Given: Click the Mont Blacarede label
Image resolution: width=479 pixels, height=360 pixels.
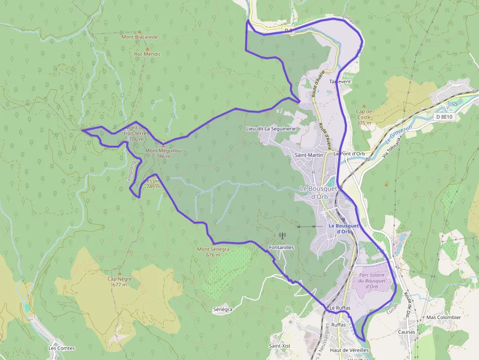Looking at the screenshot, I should tap(140, 37).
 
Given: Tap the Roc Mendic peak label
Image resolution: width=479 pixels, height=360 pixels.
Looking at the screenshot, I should tap(147, 54).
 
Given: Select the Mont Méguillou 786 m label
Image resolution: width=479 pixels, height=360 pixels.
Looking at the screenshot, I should tap(163, 153).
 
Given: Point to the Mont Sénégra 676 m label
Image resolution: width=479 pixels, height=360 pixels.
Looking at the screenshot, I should tap(213, 252).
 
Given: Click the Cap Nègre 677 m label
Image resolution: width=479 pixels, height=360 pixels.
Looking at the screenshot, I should tap(119, 281).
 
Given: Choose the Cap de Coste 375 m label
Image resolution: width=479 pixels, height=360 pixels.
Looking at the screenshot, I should tap(365, 117).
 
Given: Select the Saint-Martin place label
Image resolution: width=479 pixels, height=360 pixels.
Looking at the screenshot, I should tap(309, 155).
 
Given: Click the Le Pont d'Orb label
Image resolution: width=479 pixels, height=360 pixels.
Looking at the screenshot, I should tap(349, 153).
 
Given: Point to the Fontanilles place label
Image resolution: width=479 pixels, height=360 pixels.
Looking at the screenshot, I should tap(282, 248).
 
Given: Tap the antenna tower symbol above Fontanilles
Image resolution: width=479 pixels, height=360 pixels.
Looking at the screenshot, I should tap(282, 235).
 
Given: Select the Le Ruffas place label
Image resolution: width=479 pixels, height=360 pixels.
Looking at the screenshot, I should tap(339, 308).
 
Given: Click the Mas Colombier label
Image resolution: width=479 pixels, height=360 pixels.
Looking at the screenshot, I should tap(443, 317).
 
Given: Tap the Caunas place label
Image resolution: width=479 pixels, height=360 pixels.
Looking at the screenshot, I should tap(406, 332).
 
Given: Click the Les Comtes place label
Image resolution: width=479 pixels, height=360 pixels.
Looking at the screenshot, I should tap(62, 348).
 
